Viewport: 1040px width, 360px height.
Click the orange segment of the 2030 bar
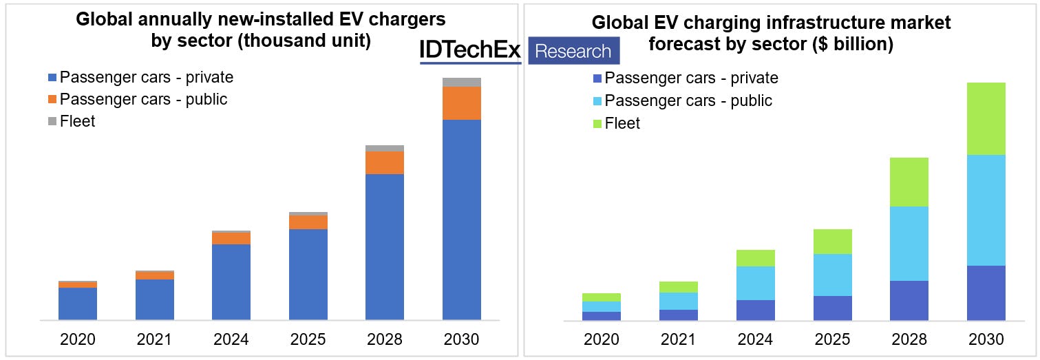[x=461, y=103]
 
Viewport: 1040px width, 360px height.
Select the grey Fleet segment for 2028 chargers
[x=385, y=148]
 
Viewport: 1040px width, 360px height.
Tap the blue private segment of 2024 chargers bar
[x=231, y=282]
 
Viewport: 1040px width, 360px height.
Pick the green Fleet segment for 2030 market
[x=986, y=118]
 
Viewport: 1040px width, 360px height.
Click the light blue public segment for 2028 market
[x=909, y=244]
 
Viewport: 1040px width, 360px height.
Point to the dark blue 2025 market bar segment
[x=832, y=308]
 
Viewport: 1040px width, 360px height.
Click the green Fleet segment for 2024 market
[x=755, y=258]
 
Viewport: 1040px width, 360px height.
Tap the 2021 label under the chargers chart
[x=154, y=339]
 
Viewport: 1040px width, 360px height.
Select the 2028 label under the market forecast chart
[x=909, y=339]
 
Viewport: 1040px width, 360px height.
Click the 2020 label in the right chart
[x=601, y=339]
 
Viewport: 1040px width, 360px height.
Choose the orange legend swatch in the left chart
[x=53, y=100]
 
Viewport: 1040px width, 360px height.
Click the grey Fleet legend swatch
[x=53, y=122]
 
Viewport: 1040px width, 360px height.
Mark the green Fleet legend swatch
[x=597, y=124]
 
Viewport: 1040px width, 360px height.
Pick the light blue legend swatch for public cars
[x=597, y=101]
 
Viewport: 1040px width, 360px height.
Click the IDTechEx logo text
[x=471, y=50]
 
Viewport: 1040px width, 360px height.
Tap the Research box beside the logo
[x=573, y=51]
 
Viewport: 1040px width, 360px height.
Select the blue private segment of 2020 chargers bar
[x=78, y=304]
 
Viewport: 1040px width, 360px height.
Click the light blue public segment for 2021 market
[x=678, y=301]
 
